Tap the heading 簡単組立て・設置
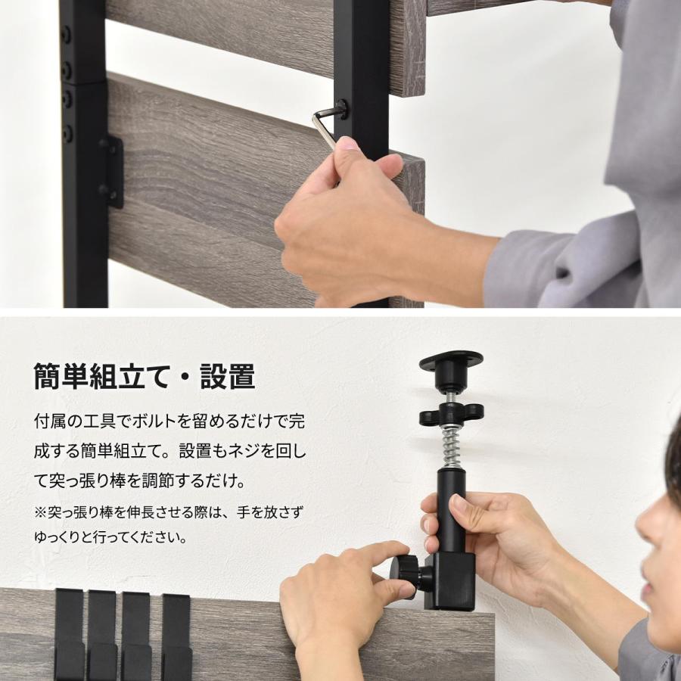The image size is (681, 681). coord(144,376)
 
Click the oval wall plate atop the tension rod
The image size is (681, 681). coord(451,361)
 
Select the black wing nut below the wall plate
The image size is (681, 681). coord(451,414)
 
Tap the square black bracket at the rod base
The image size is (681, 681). coord(452,579)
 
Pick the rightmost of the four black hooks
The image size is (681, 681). coord(176,636)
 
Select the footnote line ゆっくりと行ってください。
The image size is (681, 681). coord(110,539)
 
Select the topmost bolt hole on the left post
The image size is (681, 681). coord(67,35)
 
